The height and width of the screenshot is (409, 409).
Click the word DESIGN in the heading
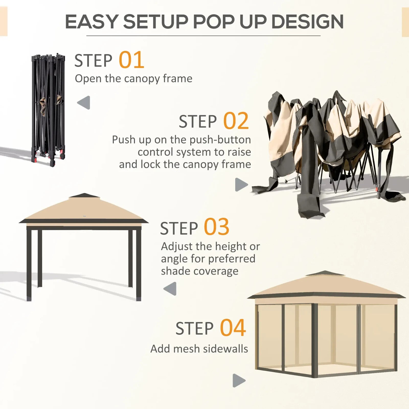pyautogui.click(x=307, y=22)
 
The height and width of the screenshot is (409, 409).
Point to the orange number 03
pyautogui.click(x=216, y=227)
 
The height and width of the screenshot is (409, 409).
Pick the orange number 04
pyautogui.click(x=233, y=328)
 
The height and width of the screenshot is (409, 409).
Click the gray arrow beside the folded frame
pyautogui.click(x=84, y=103)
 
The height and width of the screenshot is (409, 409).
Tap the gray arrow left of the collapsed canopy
pyautogui.click(x=241, y=185)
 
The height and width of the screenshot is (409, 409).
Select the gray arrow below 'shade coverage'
pyautogui.click(x=170, y=289)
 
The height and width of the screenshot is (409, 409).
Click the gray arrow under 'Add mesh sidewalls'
pyautogui.click(x=239, y=380)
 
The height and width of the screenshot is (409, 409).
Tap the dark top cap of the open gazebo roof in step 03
pyautogui.click(x=84, y=196)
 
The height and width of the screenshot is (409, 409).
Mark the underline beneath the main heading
pyautogui.click(x=203, y=36)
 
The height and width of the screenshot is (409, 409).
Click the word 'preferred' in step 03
pyautogui.click(x=232, y=259)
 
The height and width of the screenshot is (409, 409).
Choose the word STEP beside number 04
pyautogui.click(x=194, y=329)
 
